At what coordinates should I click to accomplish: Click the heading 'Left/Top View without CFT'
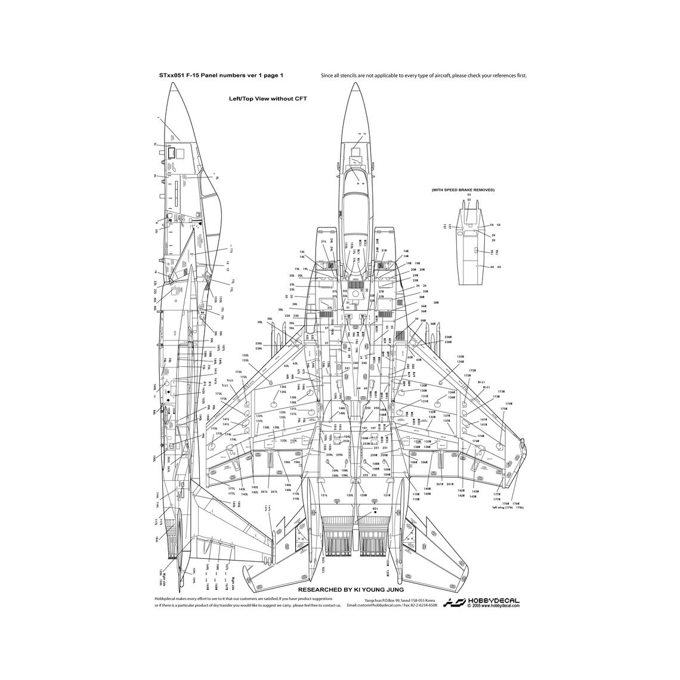[267, 99]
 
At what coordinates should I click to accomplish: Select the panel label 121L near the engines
[324, 496]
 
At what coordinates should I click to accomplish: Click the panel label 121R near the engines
[387, 496]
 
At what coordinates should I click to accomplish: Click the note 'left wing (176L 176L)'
[508, 508]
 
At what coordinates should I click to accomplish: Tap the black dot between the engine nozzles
[375, 512]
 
